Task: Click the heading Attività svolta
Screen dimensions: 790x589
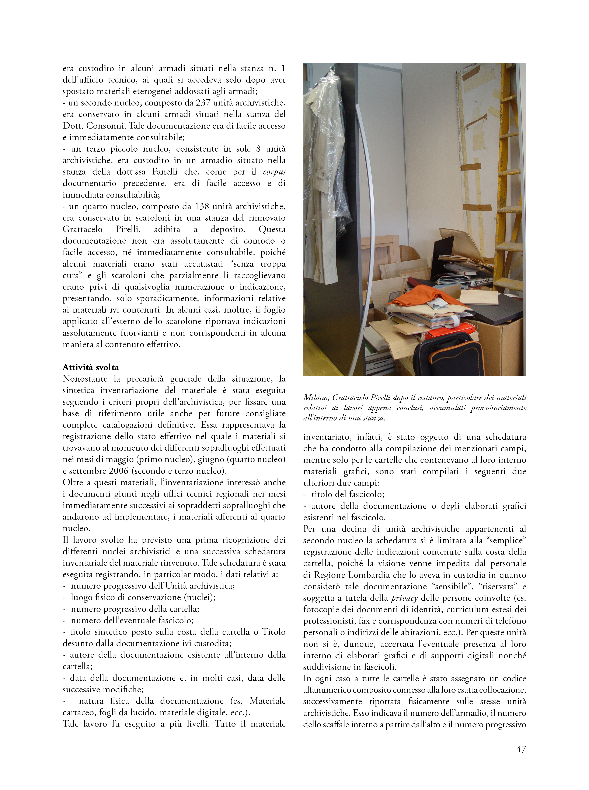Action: point(91,367)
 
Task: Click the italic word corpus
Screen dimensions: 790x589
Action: point(274,172)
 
